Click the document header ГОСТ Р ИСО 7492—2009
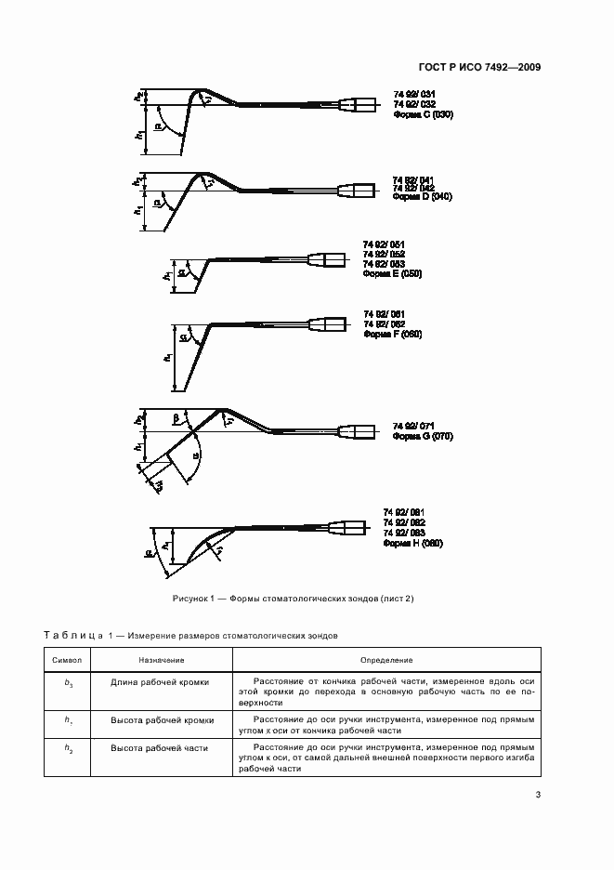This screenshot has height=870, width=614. (479, 68)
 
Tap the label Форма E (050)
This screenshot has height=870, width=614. (393, 275)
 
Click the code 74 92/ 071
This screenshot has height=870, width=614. (413, 424)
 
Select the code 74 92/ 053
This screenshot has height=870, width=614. (385, 264)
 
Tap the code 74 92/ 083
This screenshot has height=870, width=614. (404, 533)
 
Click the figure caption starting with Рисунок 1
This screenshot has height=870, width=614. (293, 599)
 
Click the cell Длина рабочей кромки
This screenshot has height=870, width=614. (160, 681)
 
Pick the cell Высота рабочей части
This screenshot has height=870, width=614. (160, 747)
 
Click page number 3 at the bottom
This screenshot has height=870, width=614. (538, 794)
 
